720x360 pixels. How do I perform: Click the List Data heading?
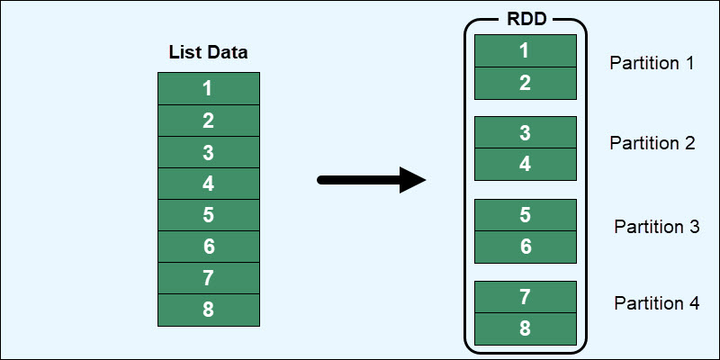pos(208,53)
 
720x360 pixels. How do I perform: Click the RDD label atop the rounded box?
pos(525,20)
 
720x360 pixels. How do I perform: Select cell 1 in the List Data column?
pos(208,89)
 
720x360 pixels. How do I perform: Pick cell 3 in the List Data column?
pos(208,152)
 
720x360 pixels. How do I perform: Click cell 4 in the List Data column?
pos(208,184)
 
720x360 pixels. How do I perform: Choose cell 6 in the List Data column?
pos(208,247)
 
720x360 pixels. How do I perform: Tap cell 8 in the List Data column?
pos(208,310)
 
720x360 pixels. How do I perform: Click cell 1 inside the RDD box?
pos(525,50)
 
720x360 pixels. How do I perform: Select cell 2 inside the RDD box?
pos(525,83)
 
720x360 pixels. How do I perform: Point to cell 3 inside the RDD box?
pos(525,132)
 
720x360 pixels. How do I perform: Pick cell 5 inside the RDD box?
pos(525,214)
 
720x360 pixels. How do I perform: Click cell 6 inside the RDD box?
pos(525,247)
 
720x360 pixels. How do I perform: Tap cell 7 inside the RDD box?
pos(525,296)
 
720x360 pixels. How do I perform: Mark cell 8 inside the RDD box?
pos(525,328)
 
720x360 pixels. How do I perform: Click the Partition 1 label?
pos(652,64)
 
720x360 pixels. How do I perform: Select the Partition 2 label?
pos(652,143)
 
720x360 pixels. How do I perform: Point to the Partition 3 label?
pos(656,227)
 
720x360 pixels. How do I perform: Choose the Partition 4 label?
pos(656,303)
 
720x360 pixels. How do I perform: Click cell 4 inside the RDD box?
pos(525,165)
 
